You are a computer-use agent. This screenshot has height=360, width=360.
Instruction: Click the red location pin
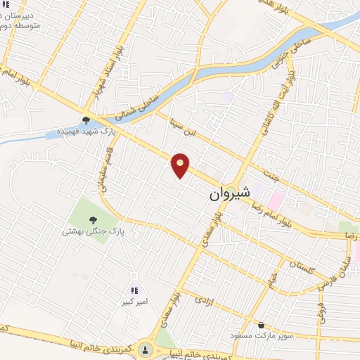(x=181, y=165)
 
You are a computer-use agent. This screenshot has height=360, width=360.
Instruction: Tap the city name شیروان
(x=229, y=194)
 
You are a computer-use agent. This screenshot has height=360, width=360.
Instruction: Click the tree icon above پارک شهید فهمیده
(x=86, y=120)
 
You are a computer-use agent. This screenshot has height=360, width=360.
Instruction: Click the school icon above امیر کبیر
(x=134, y=290)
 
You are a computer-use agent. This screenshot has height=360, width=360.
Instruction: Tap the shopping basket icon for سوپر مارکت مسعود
(x=262, y=326)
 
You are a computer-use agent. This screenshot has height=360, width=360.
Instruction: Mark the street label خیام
(x=271, y=279)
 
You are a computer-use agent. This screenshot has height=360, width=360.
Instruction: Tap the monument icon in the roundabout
(x=146, y=349)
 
